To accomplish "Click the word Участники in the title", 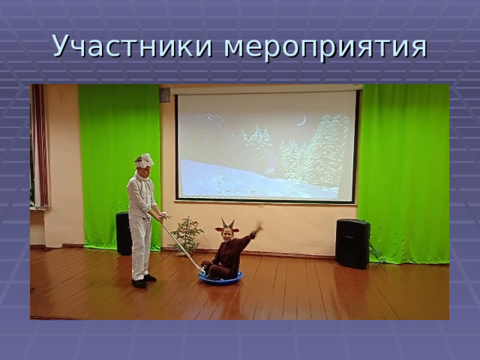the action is pyautogui.click(x=132, y=46).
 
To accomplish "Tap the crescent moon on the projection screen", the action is pyautogui.click(x=302, y=121).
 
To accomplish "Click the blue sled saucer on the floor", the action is pyautogui.click(x=220, y=278).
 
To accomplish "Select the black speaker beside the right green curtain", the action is pyautogui.click(x=352, y=244).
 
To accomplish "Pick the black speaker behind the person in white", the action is pyautogui.click(x=123, y=233).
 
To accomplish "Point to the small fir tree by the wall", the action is pyautogui.click(x=186, y=235).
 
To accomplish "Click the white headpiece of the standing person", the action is pyautogui.click(x=143, y=160).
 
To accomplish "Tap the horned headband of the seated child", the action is pyautogui.click(x=227, y=226).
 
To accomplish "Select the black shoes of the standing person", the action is pyautogui.click(x=144, y=281).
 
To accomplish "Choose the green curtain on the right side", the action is pyautogui.click(x=403, y=173).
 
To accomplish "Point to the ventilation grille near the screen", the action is pyautogui.click(x=165, y=95).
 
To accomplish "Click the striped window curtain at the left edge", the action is pyautogui.click(x=40, y=146).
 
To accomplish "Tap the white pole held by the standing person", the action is pyautogui.click(x=181, y=242).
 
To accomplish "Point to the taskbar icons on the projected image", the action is pyautogui.click(x=240, y=192).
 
